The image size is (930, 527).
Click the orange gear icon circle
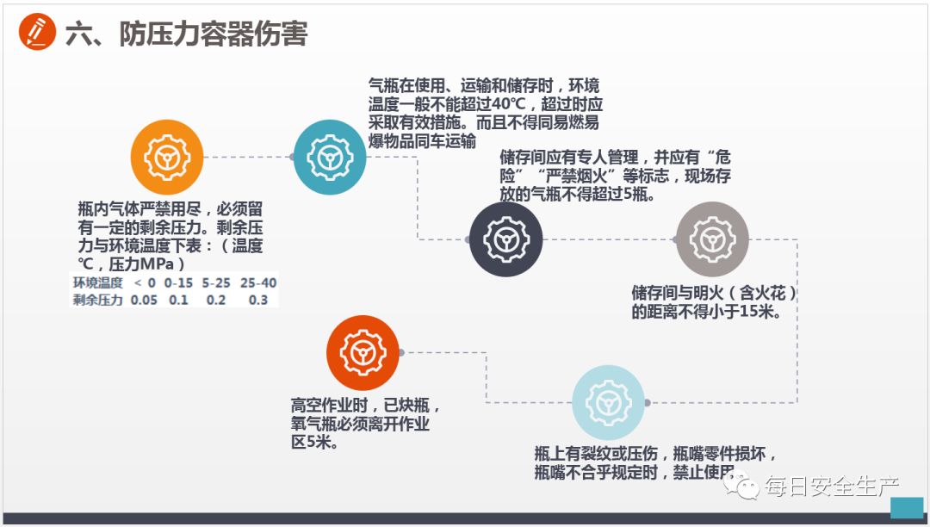(167, 156)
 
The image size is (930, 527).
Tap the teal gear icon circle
(330, 157)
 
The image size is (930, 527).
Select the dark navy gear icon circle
(505, 239)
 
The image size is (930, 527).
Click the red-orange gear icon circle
(363, 352)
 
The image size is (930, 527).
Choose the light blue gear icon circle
(609, 401)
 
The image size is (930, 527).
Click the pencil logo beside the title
(37, 33)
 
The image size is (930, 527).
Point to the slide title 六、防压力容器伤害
(186, 34)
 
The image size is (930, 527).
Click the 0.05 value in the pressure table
(144, 300)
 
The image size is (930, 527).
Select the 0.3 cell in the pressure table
(257, 300)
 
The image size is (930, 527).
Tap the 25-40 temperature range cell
(258, 282)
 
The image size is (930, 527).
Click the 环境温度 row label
(97, 282)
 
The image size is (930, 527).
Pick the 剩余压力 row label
(97, 300)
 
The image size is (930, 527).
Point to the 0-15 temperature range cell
(178, 282)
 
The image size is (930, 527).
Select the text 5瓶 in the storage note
(638, 195)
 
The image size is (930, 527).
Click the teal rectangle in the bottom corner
(906, 507)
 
